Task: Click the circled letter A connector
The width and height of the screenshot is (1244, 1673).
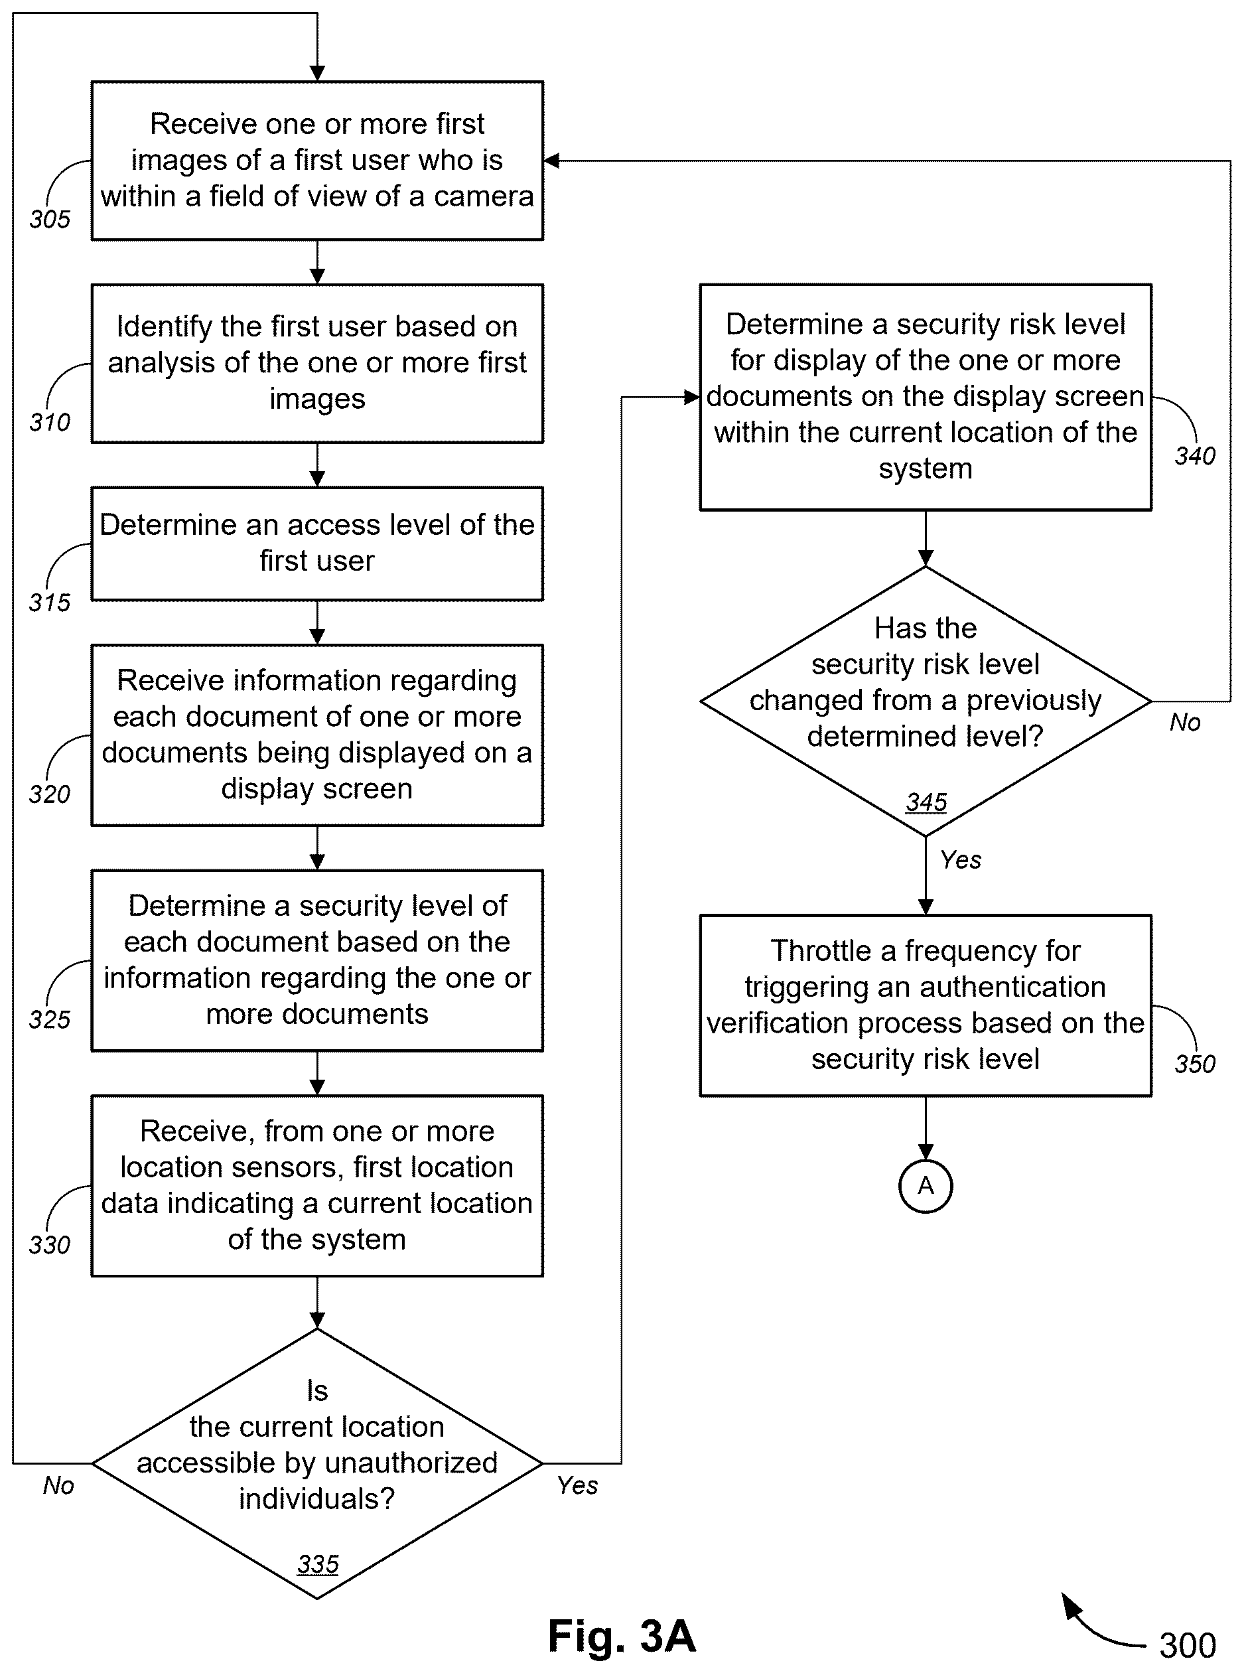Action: (x=926, y=1187)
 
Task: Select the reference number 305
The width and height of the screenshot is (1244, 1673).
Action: (x=50, y=219)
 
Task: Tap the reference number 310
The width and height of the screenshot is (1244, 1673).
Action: (x=50, y=422)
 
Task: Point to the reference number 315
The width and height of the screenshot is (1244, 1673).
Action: (x=50, y=602)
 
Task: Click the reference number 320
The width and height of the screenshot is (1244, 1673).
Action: (x=50, y=794)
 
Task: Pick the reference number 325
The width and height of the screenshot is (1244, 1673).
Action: (x=50, y=1019)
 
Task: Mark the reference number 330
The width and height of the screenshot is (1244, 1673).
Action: (x=50, y=1244)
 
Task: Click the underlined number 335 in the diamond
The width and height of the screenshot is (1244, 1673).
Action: (x=318, y=1565)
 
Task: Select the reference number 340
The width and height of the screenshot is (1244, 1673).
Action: (x=1195, y=456)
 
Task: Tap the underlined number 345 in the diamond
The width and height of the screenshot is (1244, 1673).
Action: (x=926, y=802)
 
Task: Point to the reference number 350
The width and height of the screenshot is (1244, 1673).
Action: (x=1195, y=1064)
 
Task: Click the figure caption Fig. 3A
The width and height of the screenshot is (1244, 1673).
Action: (x=622, y=1635)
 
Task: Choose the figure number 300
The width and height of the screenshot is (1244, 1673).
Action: (x=1188, y=1645)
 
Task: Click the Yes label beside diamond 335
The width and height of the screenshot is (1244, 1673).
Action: (x=578, y=1485)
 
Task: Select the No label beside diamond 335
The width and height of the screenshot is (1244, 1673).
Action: (x=59, y=1485)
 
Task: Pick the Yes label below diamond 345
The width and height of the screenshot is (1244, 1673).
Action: (x=961, y=859)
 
